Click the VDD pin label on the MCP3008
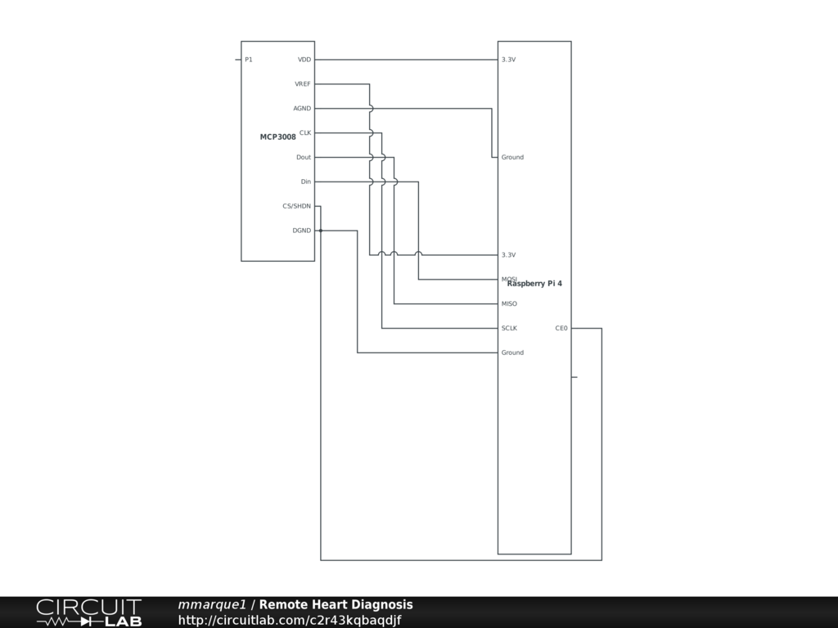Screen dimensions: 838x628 304,60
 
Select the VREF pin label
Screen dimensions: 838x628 303,84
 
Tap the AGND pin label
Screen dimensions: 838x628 302,109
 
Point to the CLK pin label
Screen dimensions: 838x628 304,132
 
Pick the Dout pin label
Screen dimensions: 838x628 304,157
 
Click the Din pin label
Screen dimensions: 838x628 305,182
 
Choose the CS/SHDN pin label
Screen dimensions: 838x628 296,206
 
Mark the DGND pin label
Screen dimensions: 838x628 302,231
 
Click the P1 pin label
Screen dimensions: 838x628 249,60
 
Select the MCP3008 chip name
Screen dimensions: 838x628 277,137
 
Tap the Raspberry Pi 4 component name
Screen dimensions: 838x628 534,284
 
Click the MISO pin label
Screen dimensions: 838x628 509,304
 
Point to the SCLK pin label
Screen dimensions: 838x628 509,329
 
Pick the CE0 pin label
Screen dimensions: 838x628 561,329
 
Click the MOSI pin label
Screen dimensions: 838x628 507,279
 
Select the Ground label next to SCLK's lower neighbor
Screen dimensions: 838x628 512,353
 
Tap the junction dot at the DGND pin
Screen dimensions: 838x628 321,231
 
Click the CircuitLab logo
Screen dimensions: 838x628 88,612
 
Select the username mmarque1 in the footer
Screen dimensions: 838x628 212,605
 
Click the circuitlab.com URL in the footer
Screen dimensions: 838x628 290,621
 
